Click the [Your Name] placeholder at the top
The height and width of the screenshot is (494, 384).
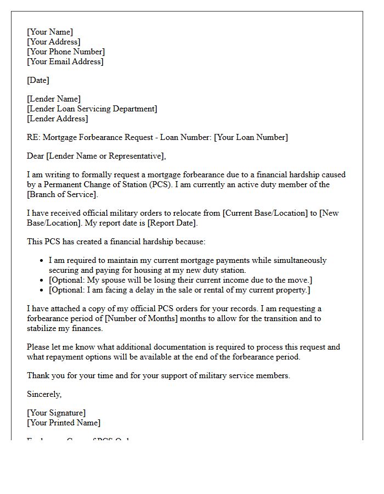click(50, 32)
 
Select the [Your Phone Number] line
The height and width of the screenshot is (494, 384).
click(66, 52)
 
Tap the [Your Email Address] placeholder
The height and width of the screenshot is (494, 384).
click(65, 61)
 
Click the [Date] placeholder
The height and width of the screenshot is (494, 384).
click(38, 80)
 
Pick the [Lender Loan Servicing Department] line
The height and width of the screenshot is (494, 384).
click(92, 109)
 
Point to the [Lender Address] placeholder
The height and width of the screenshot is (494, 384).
click(57, 119)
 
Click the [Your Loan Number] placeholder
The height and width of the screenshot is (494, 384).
click(251, 137)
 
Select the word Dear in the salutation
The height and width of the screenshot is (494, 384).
click(36, 156)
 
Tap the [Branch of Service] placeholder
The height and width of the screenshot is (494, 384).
click(62, 194)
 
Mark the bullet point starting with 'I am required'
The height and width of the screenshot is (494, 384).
click(187, 260)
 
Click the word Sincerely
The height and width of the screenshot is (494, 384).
click(44, 394)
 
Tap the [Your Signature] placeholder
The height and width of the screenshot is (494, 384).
click(56, 413)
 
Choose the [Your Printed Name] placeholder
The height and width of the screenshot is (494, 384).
click(64, 423)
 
